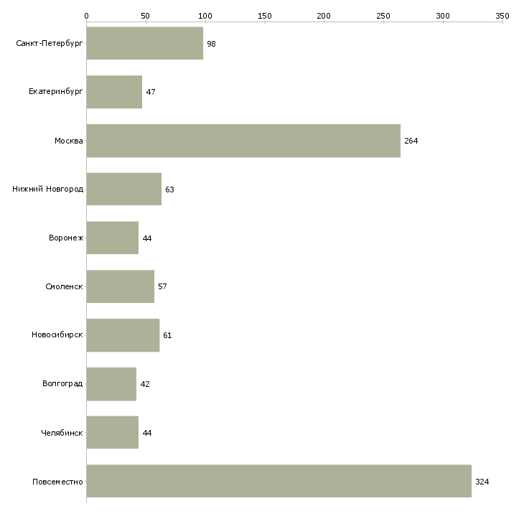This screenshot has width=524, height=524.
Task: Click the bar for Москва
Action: (x=243, y=141)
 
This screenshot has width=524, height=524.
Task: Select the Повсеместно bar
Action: (x=279, y=481)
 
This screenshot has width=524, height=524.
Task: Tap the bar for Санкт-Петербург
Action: (x=144, y=43)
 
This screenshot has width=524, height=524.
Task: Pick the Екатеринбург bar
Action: (x=114, y=92)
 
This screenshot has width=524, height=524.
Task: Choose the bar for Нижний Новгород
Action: (x=123, y=190)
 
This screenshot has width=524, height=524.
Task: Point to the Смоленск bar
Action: (x=120, y=286)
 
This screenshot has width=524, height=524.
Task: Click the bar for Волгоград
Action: (x=111, y=384)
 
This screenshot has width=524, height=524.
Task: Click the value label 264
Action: (x=411, y=141)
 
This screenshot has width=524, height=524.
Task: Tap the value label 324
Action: (x=482, y=482)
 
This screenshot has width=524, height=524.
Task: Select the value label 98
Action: (x=211, y=44)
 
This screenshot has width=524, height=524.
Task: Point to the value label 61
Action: (x=167, y=335)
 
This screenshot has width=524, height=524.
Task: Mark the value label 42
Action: (x=145, y=384)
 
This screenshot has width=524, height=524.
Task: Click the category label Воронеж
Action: (x=66, y=238)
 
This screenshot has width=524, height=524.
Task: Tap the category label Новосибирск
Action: (x=57, y=335)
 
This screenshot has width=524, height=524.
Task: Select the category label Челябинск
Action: (x=62, y=433)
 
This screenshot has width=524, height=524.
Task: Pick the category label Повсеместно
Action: (x=58, y=482)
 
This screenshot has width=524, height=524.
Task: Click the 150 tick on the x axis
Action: (x=265, y=15)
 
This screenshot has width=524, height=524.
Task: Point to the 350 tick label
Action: (x=502, y=15)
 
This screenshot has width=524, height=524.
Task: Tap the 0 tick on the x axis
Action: (x=86, y=15)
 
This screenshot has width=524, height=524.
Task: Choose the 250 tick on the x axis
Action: (x=383, y=15)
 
